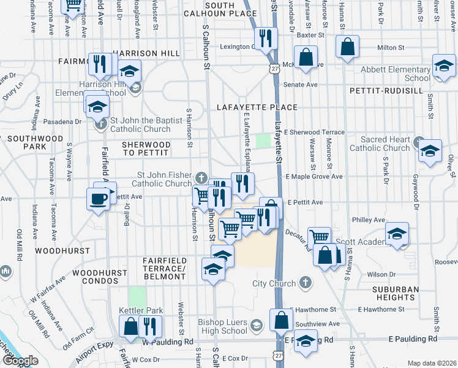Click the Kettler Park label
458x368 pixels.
click(141, 311)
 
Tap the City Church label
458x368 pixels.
click(274, 283)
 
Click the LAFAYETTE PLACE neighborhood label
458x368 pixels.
click(257, 107)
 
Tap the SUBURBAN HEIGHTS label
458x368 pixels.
click(396, 293)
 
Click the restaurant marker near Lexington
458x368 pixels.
click(266, 38)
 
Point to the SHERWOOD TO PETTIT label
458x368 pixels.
click(146, 148)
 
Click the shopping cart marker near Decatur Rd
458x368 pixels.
click(318, 236)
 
